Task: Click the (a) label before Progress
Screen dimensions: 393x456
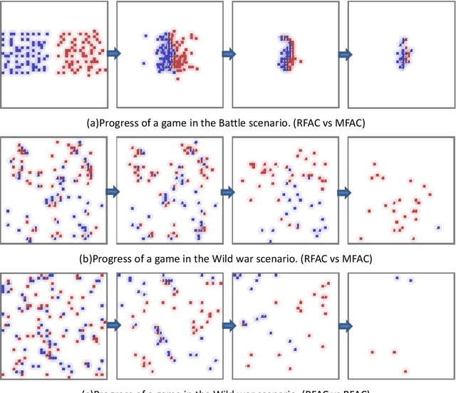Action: point(94,122)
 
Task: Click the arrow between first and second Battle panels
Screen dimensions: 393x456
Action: point(113,53)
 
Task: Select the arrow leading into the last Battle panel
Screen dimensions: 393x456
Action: point(343,53)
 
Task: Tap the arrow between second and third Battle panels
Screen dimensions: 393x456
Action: point(228,53)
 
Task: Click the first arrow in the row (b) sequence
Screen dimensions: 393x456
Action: point(113,191)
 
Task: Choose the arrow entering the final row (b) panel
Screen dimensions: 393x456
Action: point(343,191)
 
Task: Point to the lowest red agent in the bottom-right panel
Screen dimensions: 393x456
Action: point(405,370)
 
